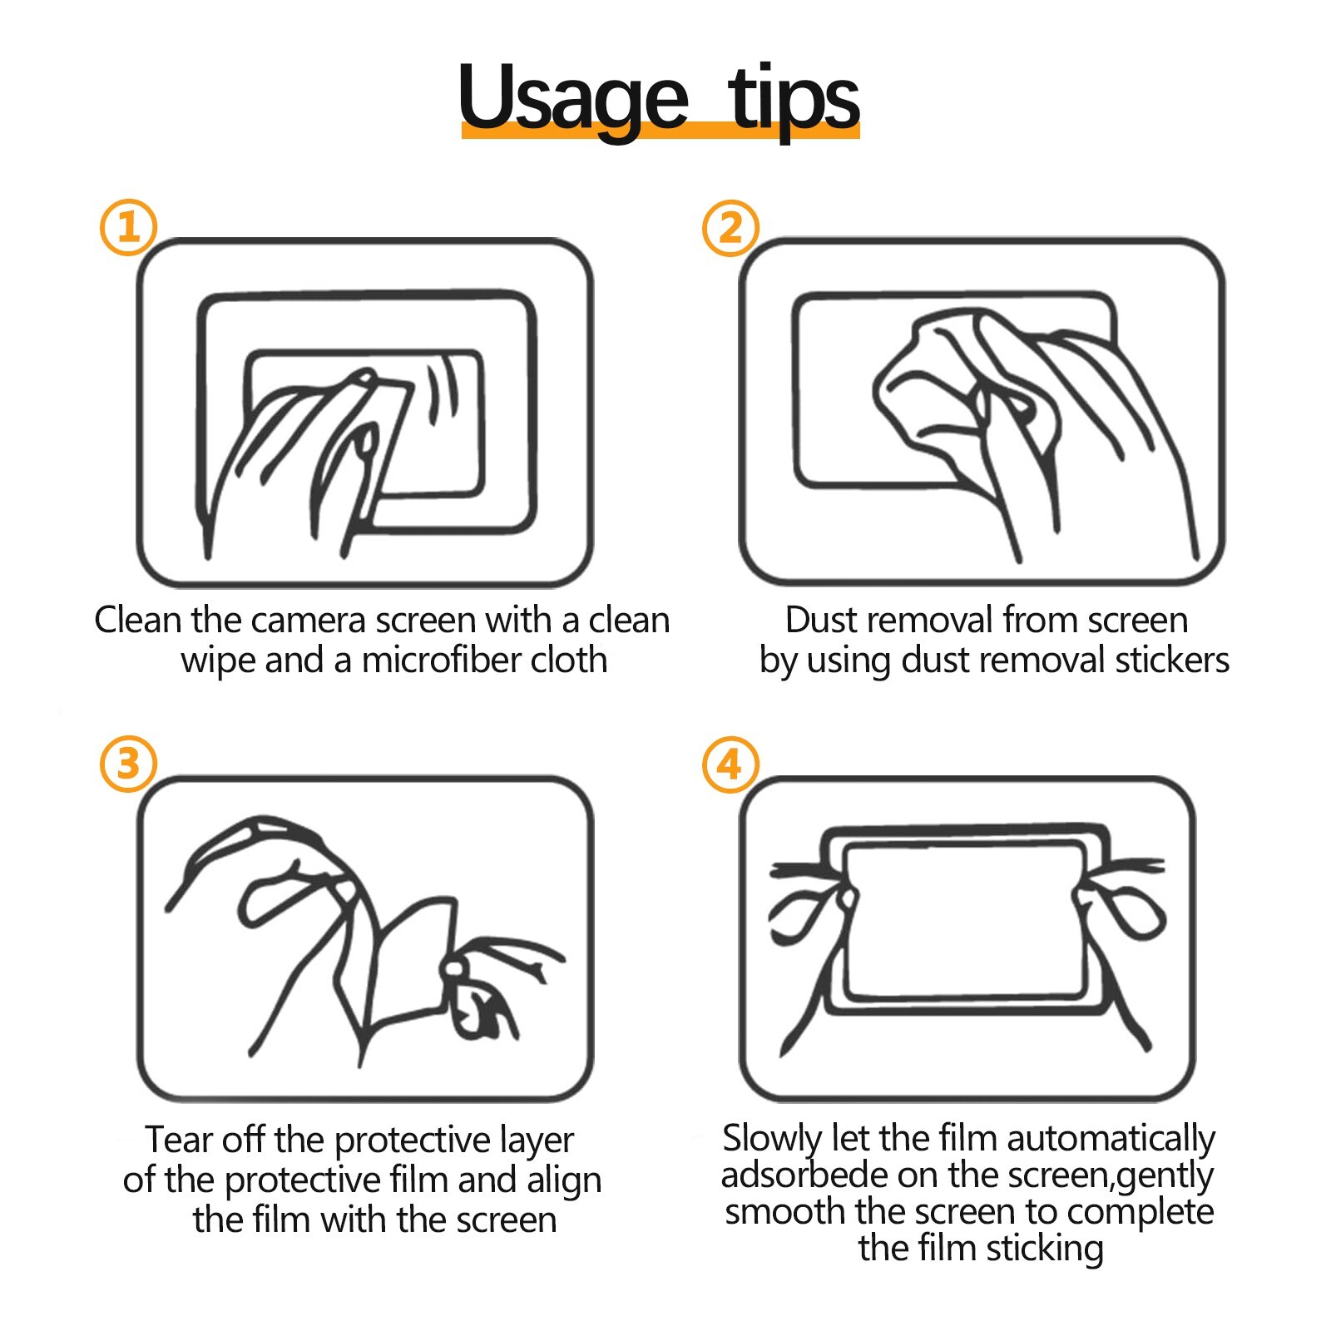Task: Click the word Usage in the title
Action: [x=573, y=99]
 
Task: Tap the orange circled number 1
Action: [x=128, y=227]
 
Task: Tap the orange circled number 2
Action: [x=730, y=227]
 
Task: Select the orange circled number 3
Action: [x=128, y=764]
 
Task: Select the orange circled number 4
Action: [x=730, y=764]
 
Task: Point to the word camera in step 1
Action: [x=307, y=621]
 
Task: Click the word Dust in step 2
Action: [x=825, y=620]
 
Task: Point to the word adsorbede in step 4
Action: [x=802, y=1175]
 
